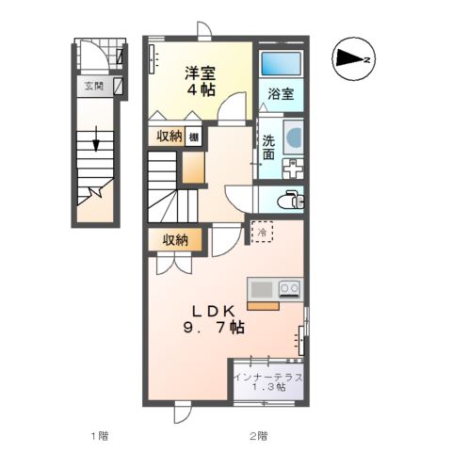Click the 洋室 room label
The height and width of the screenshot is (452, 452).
(199, 72)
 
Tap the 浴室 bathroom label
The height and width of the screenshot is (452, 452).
(280, 94)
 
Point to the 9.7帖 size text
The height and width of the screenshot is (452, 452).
(214, 329)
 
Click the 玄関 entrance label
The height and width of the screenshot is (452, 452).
(93, 87)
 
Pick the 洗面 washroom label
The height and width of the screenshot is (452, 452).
(269, 147)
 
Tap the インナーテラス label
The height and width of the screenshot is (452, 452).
(268, 378)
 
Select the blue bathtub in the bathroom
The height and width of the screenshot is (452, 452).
(281, 64)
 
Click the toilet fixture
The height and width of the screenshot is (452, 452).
(288, 200)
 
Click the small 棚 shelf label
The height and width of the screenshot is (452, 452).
(192, 136)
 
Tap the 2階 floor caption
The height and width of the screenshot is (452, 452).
(258, 435)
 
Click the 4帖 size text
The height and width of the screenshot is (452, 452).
(199, 90)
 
